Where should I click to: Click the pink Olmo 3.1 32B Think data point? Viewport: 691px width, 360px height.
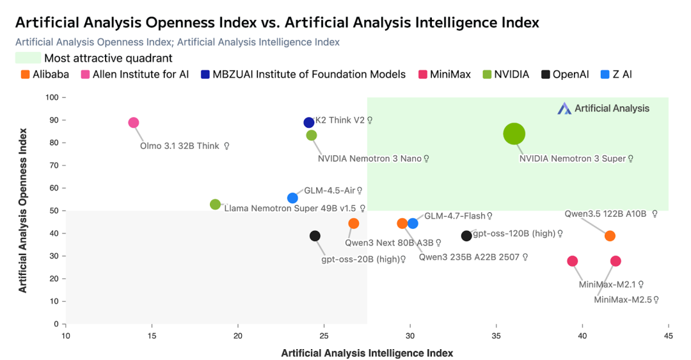click(x=133, y=123)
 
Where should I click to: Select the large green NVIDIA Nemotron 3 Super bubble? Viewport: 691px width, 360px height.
click(x=514, y=134)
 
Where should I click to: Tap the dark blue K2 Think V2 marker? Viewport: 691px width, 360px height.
click(x=309, y=123)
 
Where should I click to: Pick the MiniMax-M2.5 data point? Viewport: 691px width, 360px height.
click(x=616, y=261)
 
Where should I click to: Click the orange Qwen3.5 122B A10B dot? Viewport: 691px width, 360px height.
click(x=610, y=236)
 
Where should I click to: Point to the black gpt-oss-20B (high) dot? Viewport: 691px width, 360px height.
click(x=315, y=236)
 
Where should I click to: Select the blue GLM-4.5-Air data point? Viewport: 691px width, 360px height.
click(x=292, y=198)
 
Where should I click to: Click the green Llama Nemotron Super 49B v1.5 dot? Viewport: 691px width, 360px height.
click(x=216, y=205)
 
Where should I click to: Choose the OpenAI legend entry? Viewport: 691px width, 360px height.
click(x=565, y=74)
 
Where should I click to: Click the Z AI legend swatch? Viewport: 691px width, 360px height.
click(x=605, y=74)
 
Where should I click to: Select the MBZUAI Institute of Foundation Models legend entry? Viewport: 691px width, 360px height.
click(x=303, y=74)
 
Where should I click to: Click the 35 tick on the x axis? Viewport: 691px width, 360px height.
click(x=496, y=336)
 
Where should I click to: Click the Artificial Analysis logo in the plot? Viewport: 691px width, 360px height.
click(x=603, y=109)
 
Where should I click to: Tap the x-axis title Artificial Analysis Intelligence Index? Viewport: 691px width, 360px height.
click(x=367, y=353)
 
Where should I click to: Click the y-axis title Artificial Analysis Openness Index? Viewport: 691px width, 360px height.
click(x=23, y=210)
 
